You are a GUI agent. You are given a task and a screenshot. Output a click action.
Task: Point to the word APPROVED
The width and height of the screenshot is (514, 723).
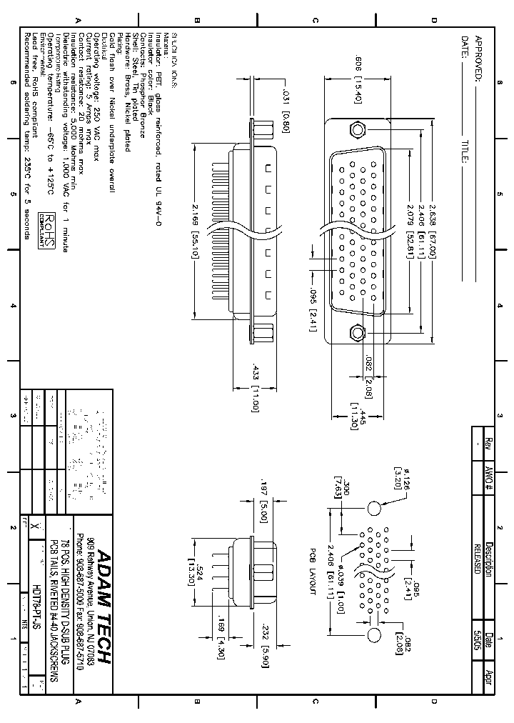pyautogui.click(x=479, y=59)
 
